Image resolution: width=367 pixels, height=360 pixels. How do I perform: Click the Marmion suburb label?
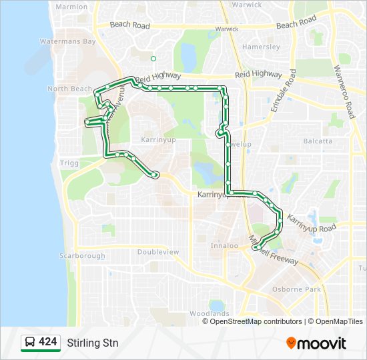point(72,7)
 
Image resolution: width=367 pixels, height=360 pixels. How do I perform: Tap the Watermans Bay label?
point(68,41)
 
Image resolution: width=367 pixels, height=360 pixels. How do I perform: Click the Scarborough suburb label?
point(83,256)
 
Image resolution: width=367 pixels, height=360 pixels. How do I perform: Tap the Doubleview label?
point(158,252)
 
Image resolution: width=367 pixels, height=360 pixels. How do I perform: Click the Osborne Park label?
point(296,289)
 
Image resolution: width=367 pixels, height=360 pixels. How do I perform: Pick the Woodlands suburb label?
point(209,313)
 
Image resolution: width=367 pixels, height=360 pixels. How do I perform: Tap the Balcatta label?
point(318,141)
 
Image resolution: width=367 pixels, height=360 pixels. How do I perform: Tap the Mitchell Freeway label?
point(275,253)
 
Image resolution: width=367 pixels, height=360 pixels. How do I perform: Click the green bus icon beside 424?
point(30,343)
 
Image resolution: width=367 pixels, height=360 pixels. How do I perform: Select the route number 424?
point(48,342)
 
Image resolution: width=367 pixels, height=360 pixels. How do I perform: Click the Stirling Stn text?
point(92,343)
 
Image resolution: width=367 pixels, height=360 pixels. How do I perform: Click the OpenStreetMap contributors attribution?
point(256,321)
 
